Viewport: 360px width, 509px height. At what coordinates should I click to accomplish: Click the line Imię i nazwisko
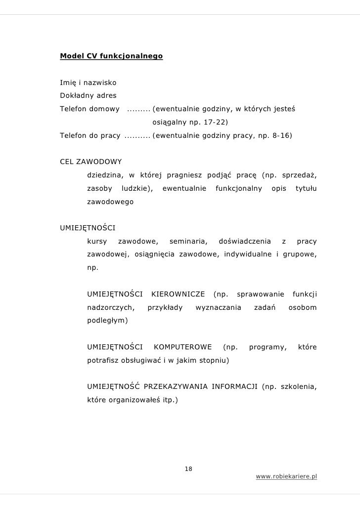click(x=88, y=82)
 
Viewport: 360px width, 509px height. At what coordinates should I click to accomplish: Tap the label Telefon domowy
click(x=90, y=108)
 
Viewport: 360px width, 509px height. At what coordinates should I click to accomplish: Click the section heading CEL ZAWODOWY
click(x=90, y=162)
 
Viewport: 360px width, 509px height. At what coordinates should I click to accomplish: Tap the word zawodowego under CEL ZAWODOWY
click(x=110, y=202)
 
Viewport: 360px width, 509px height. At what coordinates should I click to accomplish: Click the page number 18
click(x=188, y=468)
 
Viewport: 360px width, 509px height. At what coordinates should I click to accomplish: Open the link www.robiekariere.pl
click(x=286, y=476)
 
